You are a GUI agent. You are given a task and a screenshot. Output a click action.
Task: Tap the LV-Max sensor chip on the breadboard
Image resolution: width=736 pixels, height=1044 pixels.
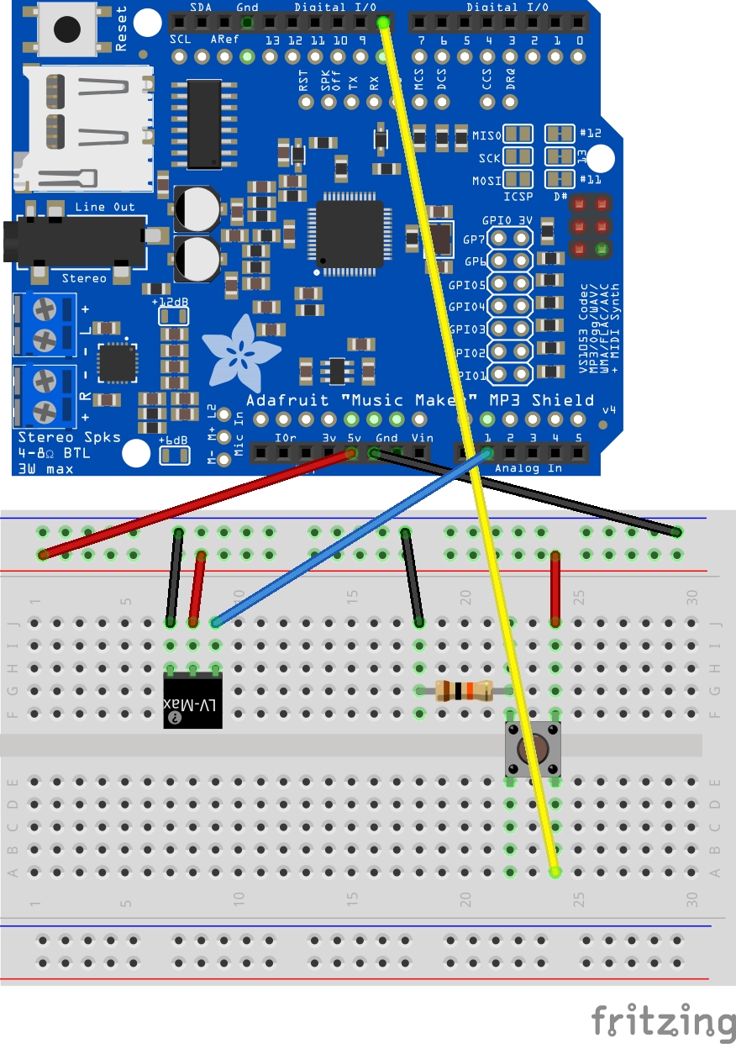pos(192,701)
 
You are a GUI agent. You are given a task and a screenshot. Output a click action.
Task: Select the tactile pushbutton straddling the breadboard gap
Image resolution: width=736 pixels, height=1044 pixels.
pos(532,749)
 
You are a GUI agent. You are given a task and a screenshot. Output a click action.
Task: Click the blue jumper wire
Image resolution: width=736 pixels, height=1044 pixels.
pos(353,538)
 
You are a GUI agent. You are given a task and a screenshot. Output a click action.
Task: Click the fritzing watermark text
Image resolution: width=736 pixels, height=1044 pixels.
pos(662,1021)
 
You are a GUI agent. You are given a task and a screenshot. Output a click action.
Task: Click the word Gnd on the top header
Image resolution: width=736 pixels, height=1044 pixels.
pos(248,7)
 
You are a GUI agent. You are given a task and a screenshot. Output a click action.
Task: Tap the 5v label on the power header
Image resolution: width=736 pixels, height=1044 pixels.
pos(353,438)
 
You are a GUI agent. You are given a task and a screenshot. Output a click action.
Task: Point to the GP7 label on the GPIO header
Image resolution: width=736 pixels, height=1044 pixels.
pos(475,239)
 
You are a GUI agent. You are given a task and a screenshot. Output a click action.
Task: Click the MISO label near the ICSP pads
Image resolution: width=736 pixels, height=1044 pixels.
pos(486,135)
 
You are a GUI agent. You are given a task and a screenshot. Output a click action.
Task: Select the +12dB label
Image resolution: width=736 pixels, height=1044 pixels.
pos(171,301)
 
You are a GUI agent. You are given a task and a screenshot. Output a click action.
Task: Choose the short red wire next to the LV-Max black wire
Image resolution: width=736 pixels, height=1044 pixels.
pos(197,588)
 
